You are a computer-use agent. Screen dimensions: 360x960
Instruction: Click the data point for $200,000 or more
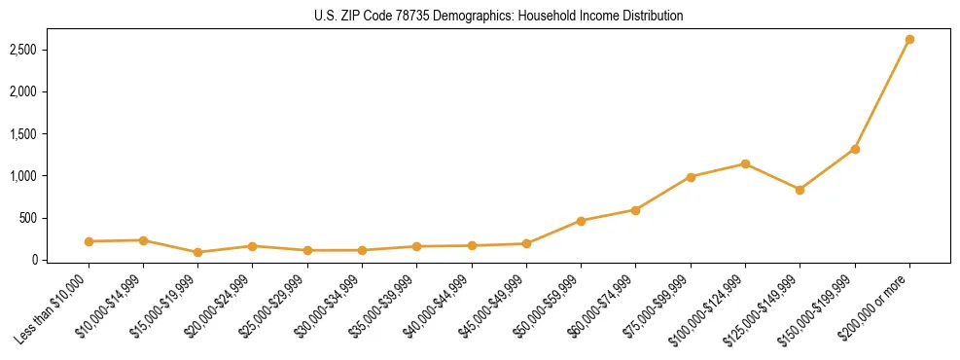pyautogui.click(x=909, y=40)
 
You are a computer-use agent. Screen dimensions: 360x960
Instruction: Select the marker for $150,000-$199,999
pyautogui.click(x=855, y=149)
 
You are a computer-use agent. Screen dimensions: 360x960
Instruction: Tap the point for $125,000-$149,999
pyautogui.click(x=800, y=190)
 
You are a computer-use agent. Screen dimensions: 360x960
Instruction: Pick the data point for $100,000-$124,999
pyautogui.click(x=745, y=163)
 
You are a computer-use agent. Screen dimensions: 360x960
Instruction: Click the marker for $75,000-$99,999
pyautogui.click(x=691, y=177)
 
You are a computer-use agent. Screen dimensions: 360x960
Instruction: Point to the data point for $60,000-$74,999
pyautogui.click(x=635, y=210)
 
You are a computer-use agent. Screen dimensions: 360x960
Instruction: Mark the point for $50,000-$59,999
pyautogui.click(x=581, y=221)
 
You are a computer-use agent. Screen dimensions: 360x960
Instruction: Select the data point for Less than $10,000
pyautogui.click(x=89, y=241)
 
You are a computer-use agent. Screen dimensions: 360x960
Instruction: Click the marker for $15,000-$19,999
pyautogui.click(x=197, y=252)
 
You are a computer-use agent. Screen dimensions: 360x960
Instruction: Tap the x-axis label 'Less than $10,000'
pyautogui.click(x=54, y=308)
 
